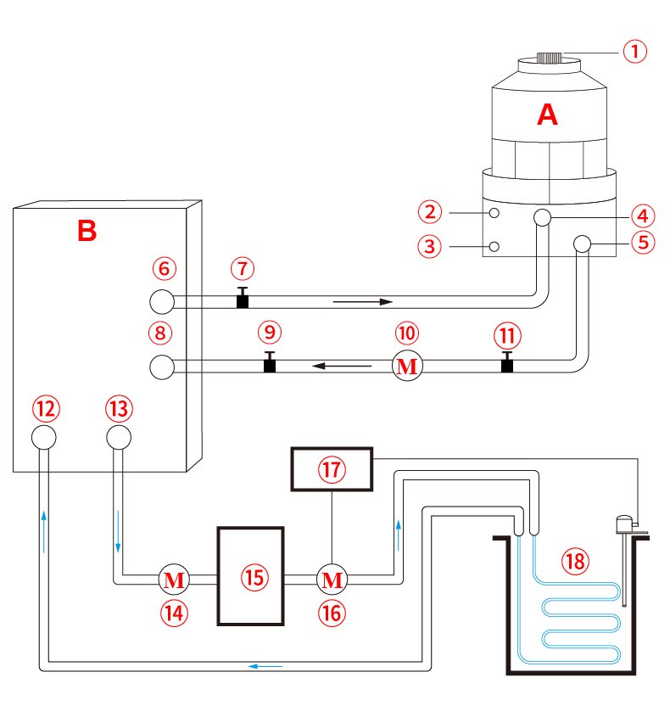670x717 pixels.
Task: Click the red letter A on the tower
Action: (x=547, y=115)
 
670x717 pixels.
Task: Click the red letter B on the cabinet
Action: (x=87, y=231)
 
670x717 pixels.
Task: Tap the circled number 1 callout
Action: (x=635, y=52)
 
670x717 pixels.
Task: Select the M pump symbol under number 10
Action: (x=407, y=366)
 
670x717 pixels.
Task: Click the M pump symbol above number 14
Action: (x=174, y=580)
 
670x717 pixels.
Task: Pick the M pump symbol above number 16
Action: (x=332, y=580)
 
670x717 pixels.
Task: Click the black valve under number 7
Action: (x=243, y=298)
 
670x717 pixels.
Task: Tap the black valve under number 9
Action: (x=270, y=362)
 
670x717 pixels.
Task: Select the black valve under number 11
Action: (x=507, y=362)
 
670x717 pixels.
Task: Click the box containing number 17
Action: (x=332, y=469)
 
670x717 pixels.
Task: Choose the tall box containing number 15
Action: (x=250, y=576)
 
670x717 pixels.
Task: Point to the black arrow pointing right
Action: (x=363, y=302)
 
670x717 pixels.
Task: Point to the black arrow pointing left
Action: (x=342, y=366)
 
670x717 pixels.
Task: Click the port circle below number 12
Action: (x=44, y=437)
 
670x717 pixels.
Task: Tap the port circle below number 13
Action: (x=119, y=437)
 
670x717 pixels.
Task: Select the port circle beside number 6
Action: (x=162, y=302)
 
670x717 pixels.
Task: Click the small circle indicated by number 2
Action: (x=494, y=213)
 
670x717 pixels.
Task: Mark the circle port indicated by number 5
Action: (x=583, y=244)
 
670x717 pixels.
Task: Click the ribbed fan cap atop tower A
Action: (x=549, y=58)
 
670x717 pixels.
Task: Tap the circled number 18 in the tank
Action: (x=575, y=561)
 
